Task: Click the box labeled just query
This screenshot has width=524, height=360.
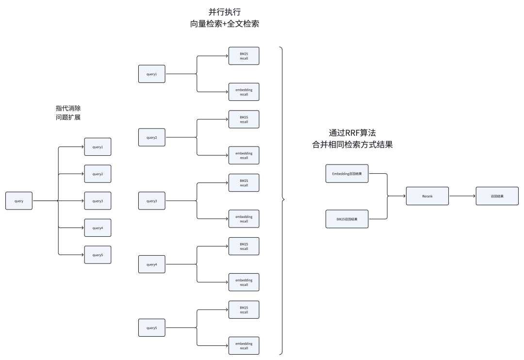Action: (x=19, y=200)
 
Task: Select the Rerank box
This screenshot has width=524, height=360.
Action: (x=427, y=196)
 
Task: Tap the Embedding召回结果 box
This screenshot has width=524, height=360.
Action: (x=347, y=173)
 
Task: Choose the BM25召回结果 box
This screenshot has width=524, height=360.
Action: (x=347, y=219)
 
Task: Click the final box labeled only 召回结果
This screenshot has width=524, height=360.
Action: (x=497, y=196)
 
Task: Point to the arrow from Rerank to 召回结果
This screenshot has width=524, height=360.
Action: (x=462, y=196)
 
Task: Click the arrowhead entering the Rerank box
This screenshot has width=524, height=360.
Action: (x=404, y=196)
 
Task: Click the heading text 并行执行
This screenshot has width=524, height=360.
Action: (x=225, y=12)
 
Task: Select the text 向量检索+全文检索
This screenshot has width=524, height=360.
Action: (x=225, y=24)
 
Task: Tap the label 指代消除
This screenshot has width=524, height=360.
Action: (x=68, y=108)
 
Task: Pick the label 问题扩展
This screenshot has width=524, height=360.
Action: (x=68, y=117)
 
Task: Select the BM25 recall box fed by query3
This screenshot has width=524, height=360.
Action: (x=244, y=183)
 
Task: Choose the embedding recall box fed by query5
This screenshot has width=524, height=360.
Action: (x=244, y=345)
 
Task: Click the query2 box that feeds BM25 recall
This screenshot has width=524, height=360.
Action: (x=152, y=137)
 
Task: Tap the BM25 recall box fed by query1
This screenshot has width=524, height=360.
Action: (x=244, y=56)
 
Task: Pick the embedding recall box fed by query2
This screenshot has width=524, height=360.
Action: (x=244, y=155)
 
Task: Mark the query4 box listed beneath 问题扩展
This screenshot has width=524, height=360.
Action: (x=98, y=228)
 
